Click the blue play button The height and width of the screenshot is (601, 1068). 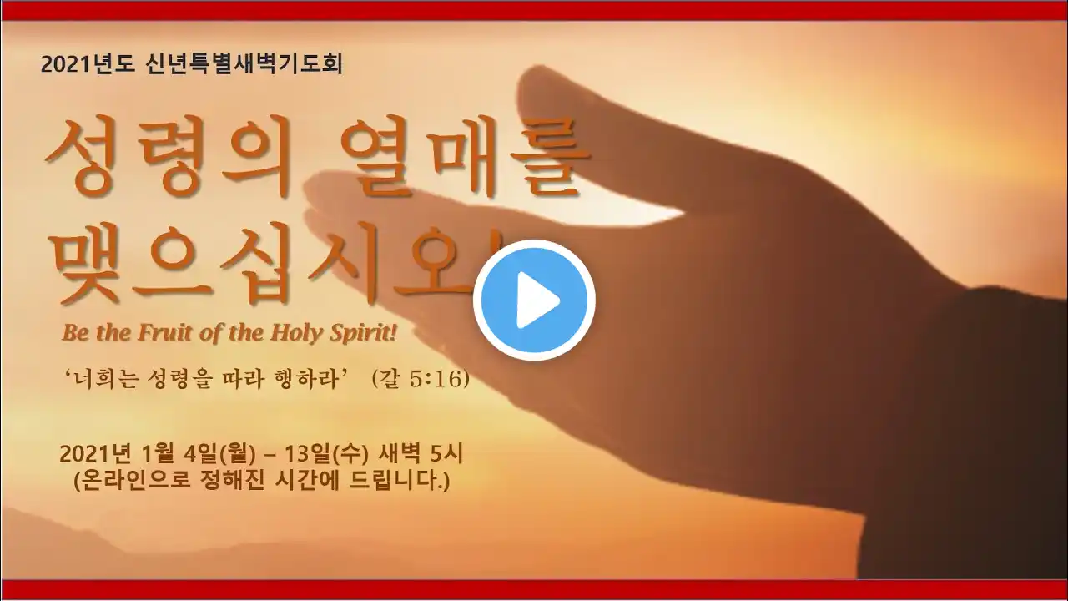pos(534,300)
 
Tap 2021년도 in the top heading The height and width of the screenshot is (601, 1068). pos(88,64)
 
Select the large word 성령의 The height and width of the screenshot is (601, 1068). pos(168,157)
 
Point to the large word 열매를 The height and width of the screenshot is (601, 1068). pos(465,157)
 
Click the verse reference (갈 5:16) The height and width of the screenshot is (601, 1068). pos(421,379)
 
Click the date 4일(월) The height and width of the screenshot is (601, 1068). pos(219,455)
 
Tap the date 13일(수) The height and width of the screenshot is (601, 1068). pos(326,455)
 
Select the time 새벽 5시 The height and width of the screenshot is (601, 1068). pos(420,455)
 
